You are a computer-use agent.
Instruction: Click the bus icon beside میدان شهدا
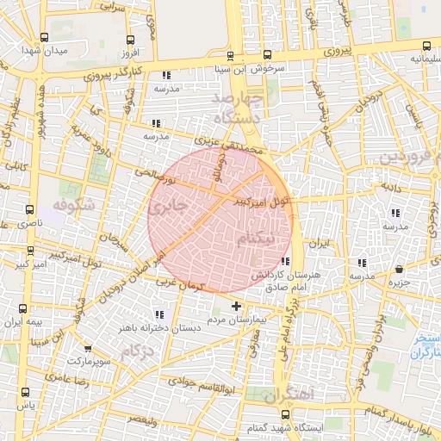[x=45, y=38]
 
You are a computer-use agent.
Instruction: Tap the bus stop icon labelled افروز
[x=129, y=39]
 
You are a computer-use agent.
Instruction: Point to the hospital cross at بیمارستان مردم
[x=237, y=306]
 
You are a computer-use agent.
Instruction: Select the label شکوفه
[x=71, y=207]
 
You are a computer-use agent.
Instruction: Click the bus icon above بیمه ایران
[x=23, y=309]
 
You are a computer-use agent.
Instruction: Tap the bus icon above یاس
[x=23, y=393]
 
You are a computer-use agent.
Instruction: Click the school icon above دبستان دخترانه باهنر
[x=158, y=314]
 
